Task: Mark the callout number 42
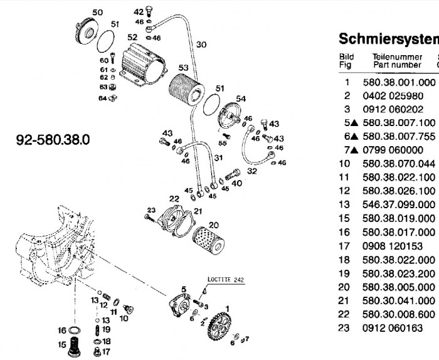pyautogui.click(x=139, y=12)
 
